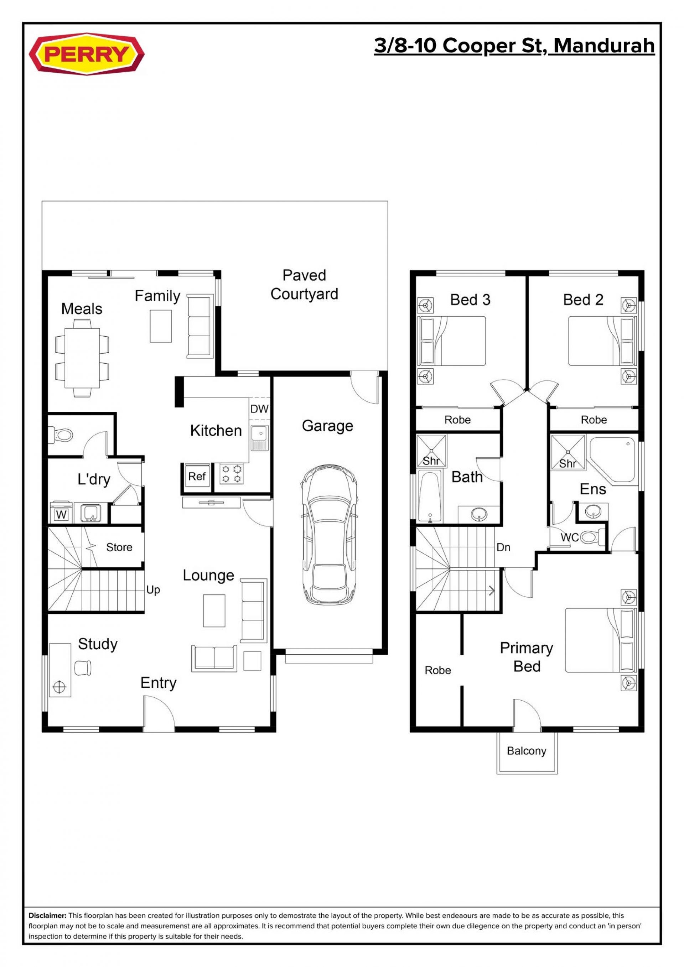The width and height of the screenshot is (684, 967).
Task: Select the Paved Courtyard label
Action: (304, 284)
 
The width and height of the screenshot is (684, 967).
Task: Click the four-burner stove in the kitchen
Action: (232, 473)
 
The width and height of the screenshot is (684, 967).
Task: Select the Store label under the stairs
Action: (119, 547)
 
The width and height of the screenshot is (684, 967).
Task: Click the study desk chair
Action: (83, 667)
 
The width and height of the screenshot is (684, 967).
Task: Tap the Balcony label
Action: (527, 751)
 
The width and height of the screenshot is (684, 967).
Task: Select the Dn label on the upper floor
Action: (503, 547)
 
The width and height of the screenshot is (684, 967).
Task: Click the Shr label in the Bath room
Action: (431, 461)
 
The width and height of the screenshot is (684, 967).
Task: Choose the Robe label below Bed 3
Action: (457, 420)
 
